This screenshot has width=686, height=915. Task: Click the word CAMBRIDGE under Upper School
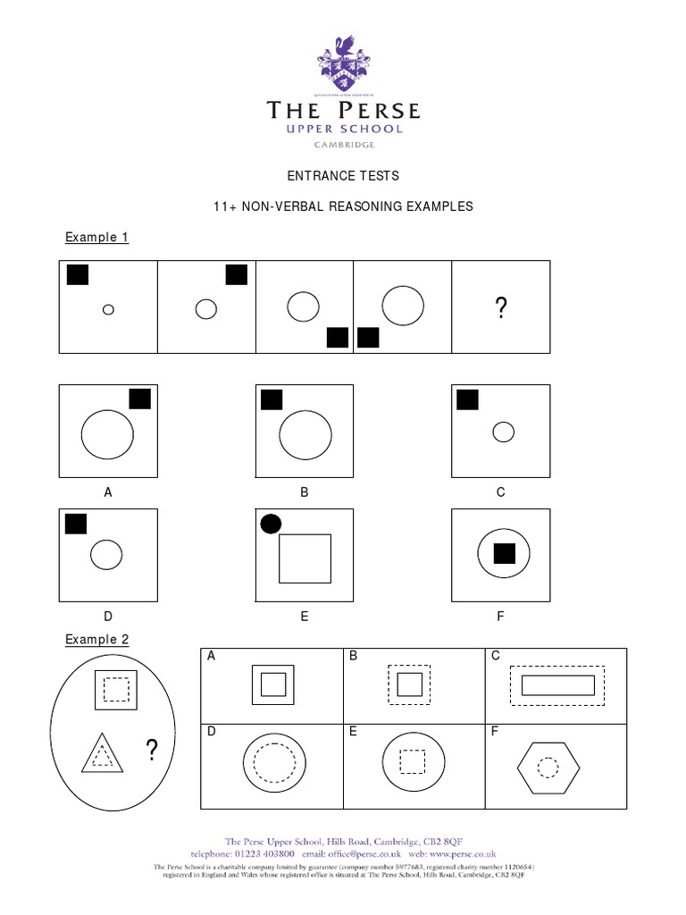(x=343, y=145)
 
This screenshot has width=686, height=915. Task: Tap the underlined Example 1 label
(x=97, y=237)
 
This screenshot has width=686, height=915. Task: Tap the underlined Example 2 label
(x=97, y=640)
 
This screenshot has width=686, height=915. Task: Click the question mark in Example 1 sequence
(x=501, y=309)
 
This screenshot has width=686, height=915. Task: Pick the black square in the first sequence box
(x=79, y=275)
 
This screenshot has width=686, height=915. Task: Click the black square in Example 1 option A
(x=140, y=399)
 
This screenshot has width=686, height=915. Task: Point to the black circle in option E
(x=270, y=524)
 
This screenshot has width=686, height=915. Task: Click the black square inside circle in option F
(x=505, y=554)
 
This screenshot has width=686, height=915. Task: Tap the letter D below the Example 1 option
(x=108, y=616)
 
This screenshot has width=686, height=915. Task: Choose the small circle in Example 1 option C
(x=504, y=432)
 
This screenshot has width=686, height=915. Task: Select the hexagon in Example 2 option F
(x=548, y=767)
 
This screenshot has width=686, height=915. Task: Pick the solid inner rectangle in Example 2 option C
(x=557, y=685)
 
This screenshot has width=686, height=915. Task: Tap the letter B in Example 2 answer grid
(x=354, y=657)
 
